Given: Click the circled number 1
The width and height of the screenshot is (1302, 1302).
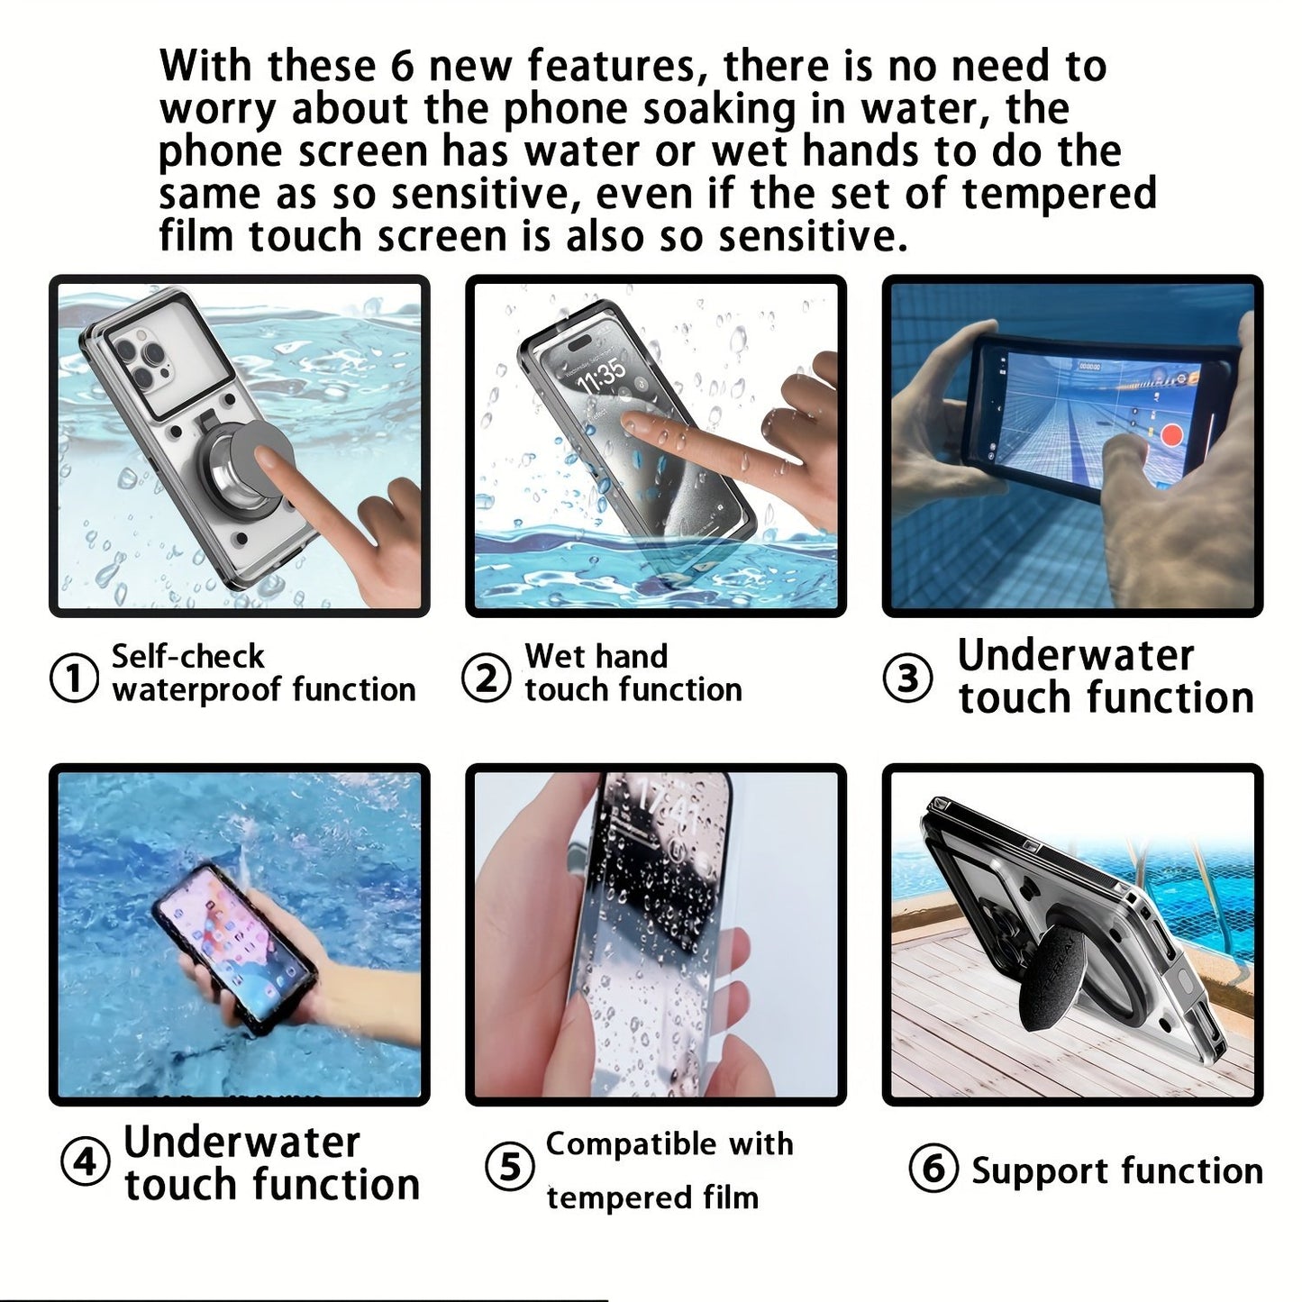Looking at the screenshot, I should click(x=73, y=678).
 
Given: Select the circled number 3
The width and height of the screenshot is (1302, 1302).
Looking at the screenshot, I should click(x=906, y=678).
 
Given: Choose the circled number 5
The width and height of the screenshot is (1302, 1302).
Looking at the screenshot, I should click(x=510, y=1168).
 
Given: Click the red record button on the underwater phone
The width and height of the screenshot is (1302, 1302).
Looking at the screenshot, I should click(x=1170, y=436).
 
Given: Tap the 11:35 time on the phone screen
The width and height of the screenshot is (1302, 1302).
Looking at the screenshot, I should click(x=602, y=375).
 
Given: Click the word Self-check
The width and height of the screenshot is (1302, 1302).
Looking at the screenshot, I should click(x=187, y=657).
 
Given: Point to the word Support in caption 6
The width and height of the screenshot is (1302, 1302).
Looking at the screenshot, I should click(x=1025, y=1171).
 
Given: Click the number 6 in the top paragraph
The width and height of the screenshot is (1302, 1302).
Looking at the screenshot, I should click(x=402, y=67).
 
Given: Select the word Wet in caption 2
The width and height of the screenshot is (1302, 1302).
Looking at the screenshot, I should click(x=552, y=656).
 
